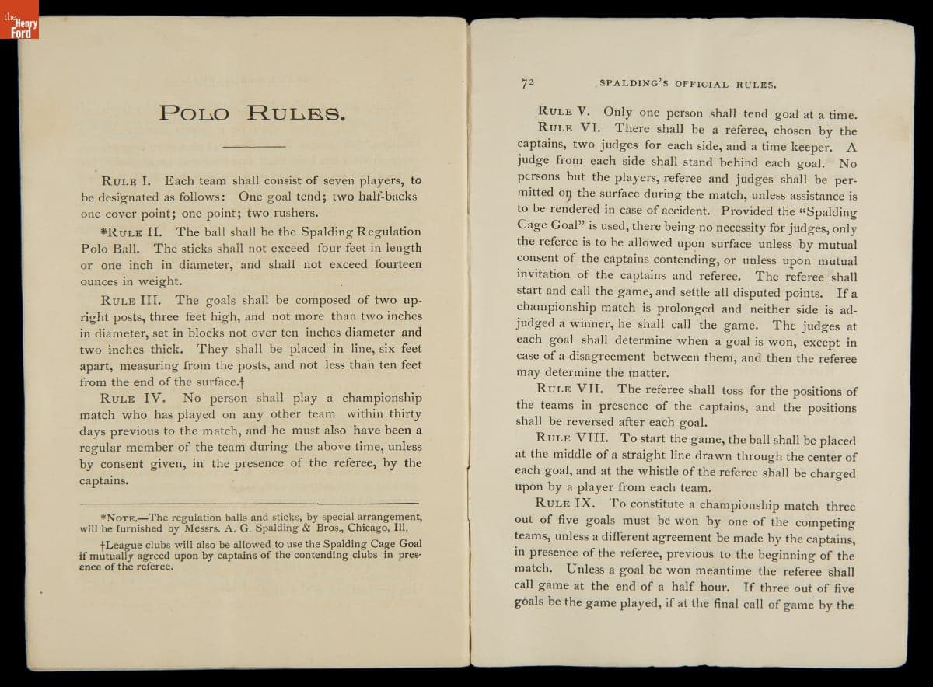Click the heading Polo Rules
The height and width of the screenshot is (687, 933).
pos(251,113)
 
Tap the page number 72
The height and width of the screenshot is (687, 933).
pos(528,82)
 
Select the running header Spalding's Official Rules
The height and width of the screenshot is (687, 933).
pos(687,83)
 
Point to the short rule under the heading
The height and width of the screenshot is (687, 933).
pos(254,145)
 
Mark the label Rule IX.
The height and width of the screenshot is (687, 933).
pos(565,503)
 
